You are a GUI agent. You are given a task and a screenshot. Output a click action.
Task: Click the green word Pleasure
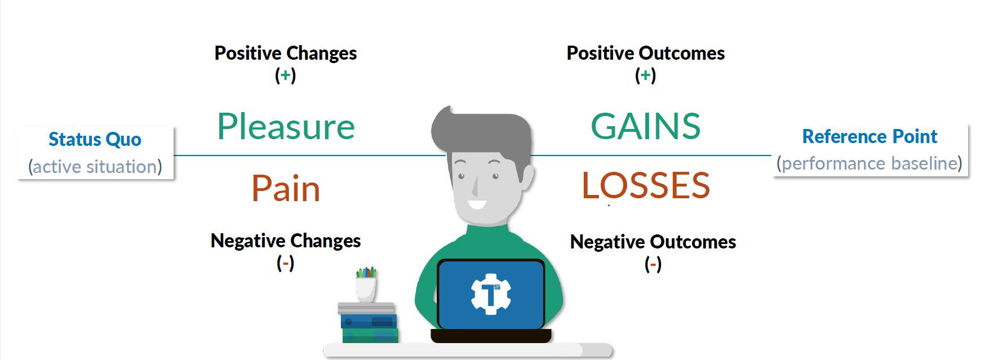point(286,126)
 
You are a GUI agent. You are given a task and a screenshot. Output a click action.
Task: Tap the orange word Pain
point(286,189)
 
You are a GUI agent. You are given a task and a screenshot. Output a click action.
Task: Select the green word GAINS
point(646,126)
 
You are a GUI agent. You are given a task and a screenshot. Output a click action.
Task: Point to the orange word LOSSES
point(646,185)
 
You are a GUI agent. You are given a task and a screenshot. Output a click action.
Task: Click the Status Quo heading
point(95,139)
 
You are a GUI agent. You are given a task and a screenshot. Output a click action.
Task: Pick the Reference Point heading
point(869,136)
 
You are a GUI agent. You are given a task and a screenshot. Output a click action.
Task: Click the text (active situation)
point(95,167)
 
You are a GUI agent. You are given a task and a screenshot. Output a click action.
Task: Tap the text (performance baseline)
point(869,163)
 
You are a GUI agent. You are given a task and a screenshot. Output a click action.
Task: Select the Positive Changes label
point(286,53)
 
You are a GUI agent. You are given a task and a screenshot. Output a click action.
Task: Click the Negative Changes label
point(286,241)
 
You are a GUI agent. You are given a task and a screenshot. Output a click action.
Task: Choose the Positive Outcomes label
point(646,53)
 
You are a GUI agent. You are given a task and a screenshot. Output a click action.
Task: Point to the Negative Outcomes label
point(653,242)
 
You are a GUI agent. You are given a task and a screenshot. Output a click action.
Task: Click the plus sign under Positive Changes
point(286,75)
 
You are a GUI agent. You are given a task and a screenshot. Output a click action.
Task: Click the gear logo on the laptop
point(491,294)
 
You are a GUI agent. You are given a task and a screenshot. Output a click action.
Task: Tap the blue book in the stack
point(369,321)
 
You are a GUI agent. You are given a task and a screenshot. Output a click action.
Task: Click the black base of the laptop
point(491,336)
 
